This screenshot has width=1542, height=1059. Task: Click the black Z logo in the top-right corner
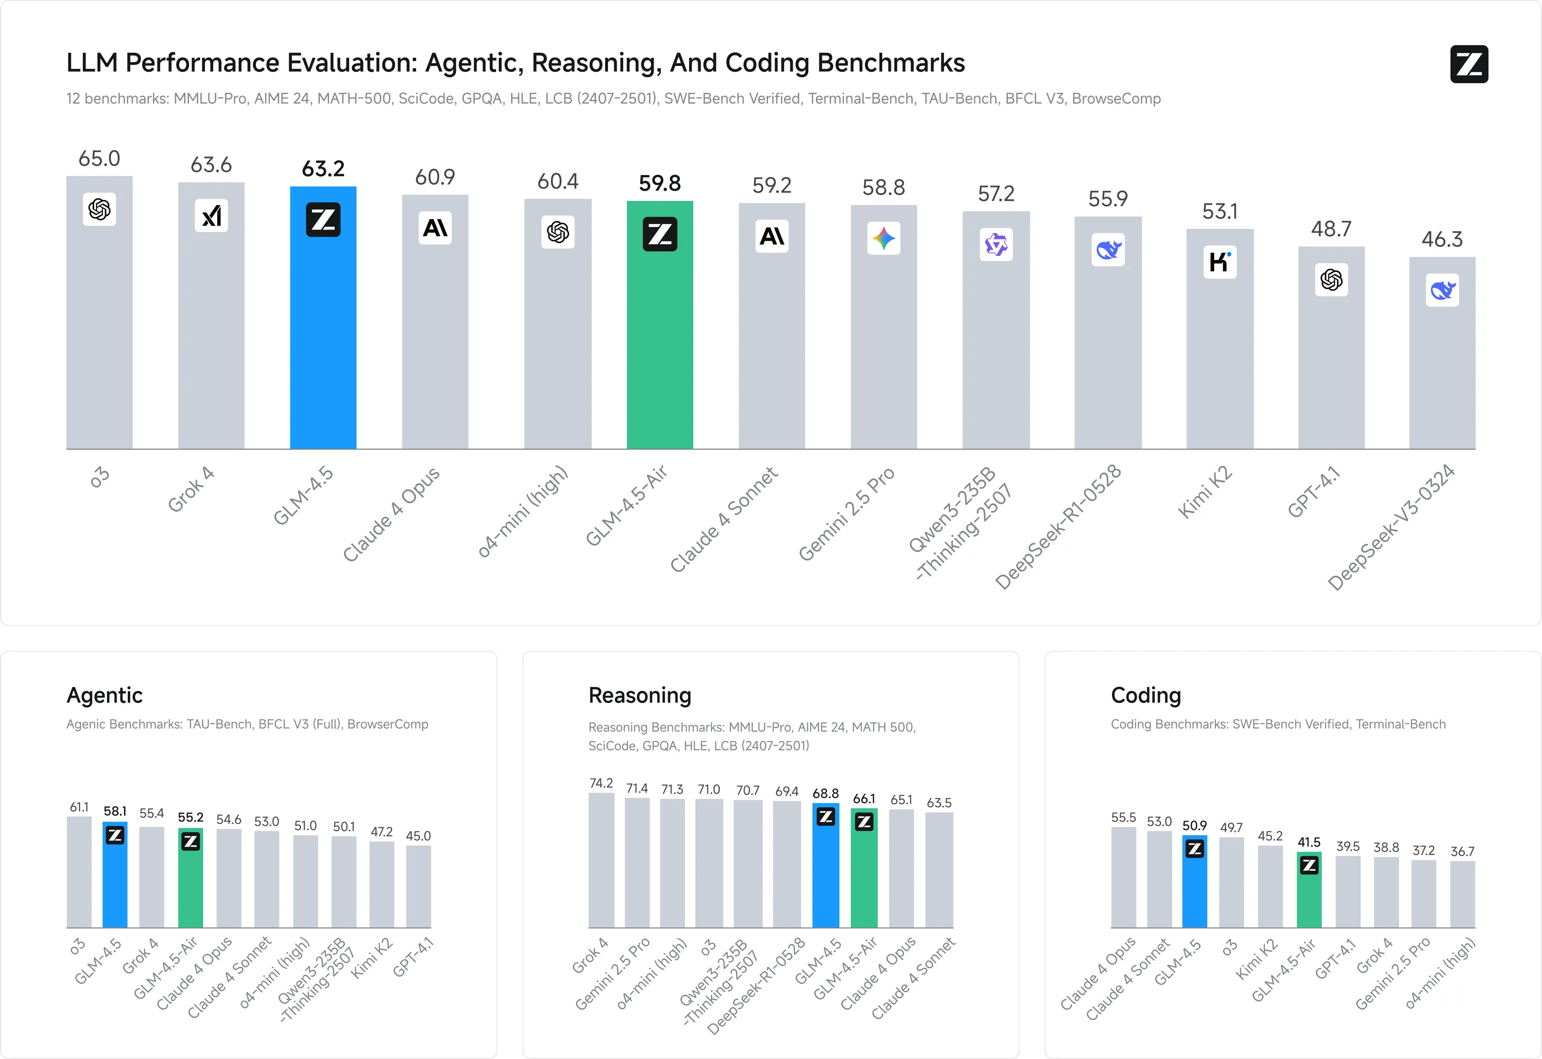click(1469, 64)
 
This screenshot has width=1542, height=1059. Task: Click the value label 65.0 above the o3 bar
click(100, 159)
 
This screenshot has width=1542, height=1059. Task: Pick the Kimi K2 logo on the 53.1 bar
click(1220, 262)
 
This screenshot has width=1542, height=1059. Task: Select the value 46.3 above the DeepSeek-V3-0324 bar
click(1442, 239)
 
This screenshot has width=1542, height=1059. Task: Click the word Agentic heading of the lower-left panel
click(105, 696)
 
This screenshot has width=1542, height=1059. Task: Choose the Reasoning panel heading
click(640, 696)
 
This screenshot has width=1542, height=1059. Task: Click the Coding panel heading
click(1146, 696)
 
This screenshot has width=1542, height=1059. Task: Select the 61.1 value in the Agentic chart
click(79, 807)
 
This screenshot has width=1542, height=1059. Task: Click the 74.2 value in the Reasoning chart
click(601, 783)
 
